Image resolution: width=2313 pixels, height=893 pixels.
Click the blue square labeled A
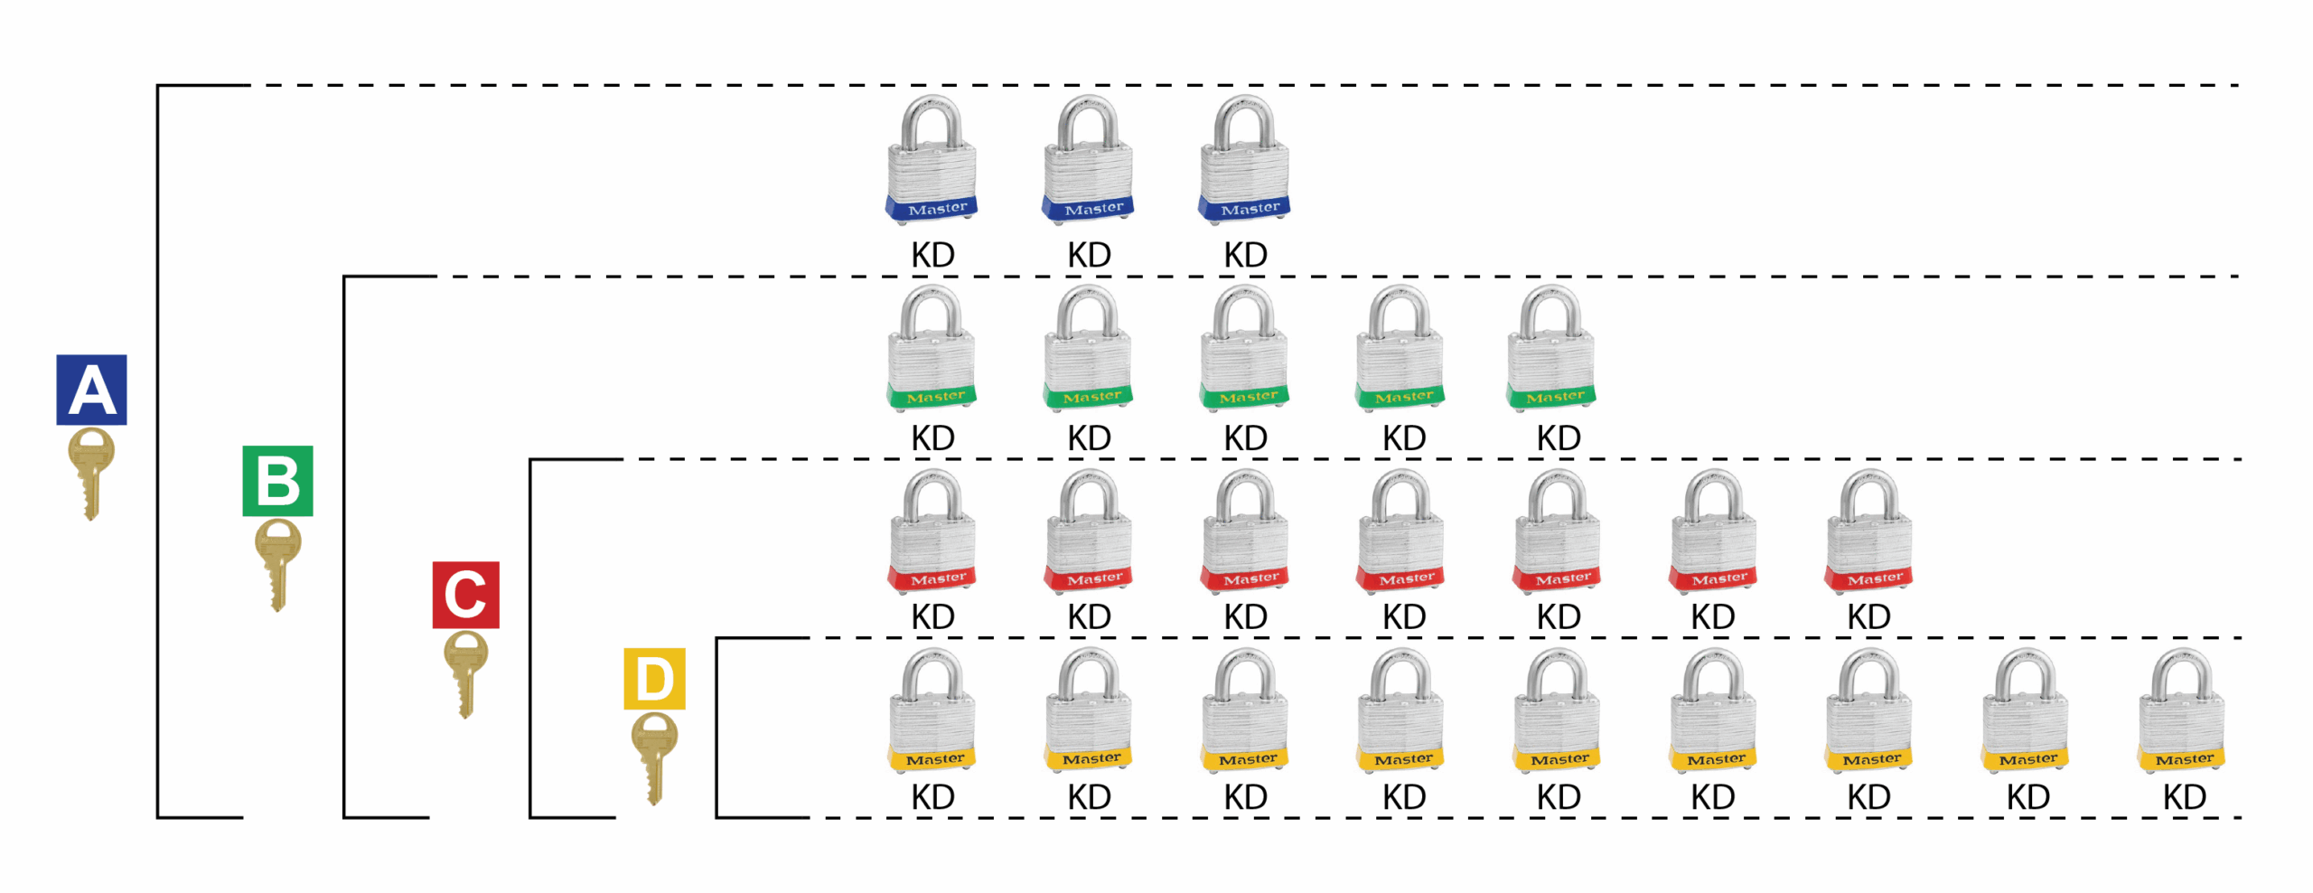tap(91, 390)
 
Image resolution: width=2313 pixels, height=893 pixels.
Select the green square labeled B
tap(277, 481)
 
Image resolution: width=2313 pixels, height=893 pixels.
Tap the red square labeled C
tap(465, 595)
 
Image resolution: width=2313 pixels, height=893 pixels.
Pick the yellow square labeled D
tap(654, 679)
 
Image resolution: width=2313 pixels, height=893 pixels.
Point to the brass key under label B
tap(277, 562)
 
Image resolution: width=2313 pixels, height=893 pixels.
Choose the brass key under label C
tap(465, 672)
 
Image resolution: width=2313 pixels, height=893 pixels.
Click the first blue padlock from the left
tap(932, 161)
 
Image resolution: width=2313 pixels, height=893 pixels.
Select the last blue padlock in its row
tap(1244, 161)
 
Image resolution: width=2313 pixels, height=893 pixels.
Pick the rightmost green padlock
tap(1550, 350)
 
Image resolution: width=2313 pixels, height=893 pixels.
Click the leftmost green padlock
tap(932, 350)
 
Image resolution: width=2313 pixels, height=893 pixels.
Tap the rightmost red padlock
tap(1868, 532)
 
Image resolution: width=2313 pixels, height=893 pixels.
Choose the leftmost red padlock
tap(932, 532)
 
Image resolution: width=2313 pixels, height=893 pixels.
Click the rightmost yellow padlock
tap(2182, 712)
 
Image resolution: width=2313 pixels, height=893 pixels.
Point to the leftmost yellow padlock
tap(932, 712)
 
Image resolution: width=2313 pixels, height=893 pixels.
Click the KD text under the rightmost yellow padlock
tap(2184, 797)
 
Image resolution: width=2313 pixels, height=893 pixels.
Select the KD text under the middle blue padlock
tap(1089, 255)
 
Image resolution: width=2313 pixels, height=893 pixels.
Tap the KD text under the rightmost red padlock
tap(1868, 617)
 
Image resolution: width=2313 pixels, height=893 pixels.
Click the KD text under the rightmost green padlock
tap(1559, 438)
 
